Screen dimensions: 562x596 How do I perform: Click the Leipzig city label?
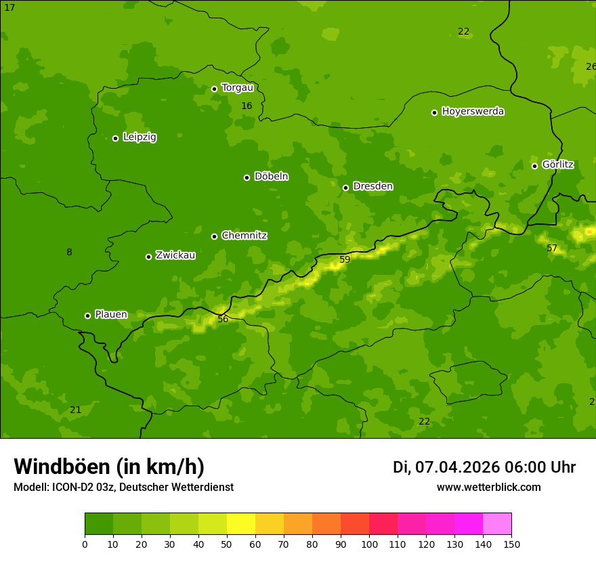[x=140, y=137]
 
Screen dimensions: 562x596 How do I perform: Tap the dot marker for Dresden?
[x=345, y=188]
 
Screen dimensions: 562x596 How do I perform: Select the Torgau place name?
[x=237, y=88]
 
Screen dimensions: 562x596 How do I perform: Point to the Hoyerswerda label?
[x=473, y=112]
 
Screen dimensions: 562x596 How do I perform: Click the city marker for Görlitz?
[x=534, y=166]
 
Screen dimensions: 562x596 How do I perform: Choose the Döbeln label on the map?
[x=271, y=177]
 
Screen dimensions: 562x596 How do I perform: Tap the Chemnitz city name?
[x=244, y=236]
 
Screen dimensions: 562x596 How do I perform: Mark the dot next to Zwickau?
[x=148, y=257]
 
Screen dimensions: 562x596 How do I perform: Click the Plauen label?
[x=111, y=315]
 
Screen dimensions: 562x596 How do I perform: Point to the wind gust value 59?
[x=345, y=260]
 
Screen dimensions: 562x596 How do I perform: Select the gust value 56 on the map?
[x=223, y=319]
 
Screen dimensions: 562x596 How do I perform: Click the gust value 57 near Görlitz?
[x=552, y=248]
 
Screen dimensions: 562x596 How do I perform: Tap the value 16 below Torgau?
[x=247, y=106]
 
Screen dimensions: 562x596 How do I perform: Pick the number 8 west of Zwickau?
[x=69, y=253]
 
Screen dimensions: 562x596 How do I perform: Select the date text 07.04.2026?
[x=457, y=467]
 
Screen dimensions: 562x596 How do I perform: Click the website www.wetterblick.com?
[x=488, y=488]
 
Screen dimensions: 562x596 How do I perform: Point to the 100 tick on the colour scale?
[x=369, y=544]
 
